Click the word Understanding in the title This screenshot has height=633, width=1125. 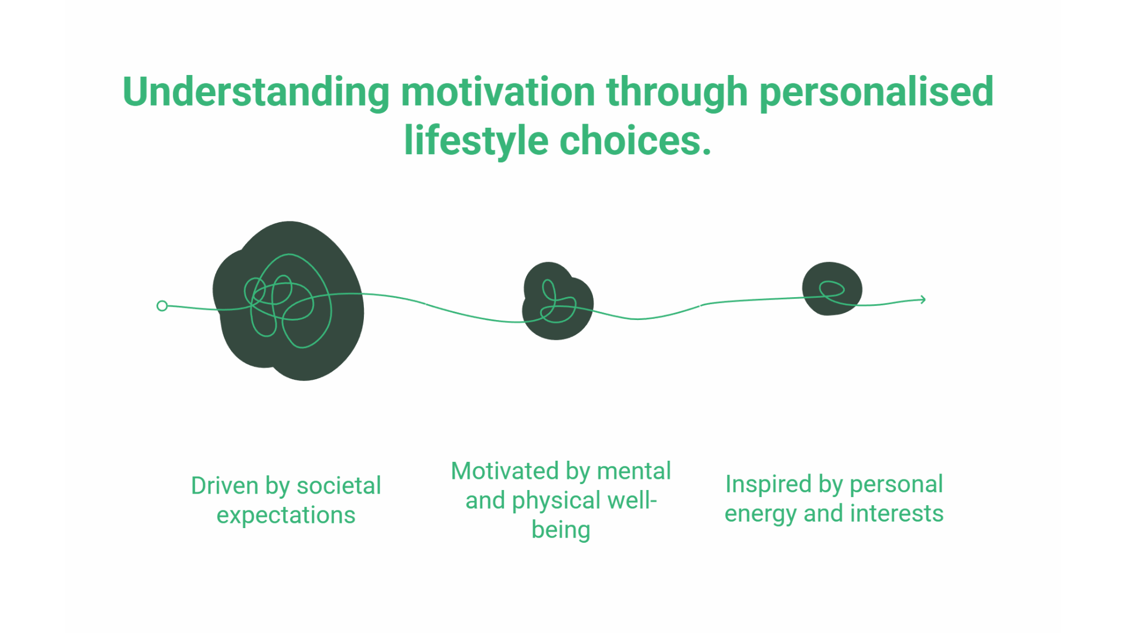(x=255, y=93)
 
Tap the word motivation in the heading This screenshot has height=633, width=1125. (x=498, y=93)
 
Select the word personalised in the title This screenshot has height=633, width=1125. (x=876, y=93)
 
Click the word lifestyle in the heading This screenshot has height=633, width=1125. (x=476, y=141)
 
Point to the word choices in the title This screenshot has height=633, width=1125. (x=635, y=141)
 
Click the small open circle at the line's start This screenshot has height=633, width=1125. (x=162, y=306)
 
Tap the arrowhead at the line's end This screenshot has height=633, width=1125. (x=922, y=300)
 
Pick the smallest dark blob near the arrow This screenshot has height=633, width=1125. (x=832, y=288)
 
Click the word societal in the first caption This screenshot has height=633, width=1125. (x=339, y=486)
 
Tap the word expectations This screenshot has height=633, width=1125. (x=286, y=515)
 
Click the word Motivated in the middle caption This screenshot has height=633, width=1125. (x=504, y=471)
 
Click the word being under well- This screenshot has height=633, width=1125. (x=561, y=530)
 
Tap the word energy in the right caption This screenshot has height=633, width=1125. (x=761, y=514)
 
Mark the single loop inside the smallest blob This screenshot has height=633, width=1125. (x=831, y=288)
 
